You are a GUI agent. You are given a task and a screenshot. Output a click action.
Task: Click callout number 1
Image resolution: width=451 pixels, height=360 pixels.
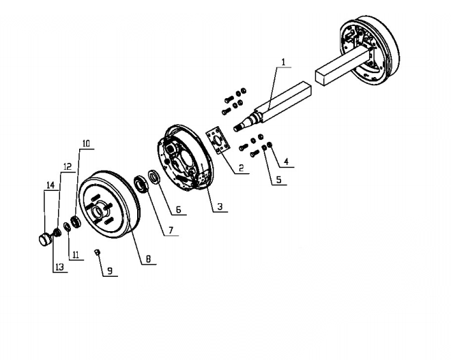pyautogui.click(x=283, y=62)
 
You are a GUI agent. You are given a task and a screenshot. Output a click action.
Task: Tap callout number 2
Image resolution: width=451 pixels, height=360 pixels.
pyautogui.click(x=241, y=168)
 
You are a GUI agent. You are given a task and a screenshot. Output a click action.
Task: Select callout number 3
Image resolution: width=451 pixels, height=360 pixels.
pyautogui.click(x=220, y=207)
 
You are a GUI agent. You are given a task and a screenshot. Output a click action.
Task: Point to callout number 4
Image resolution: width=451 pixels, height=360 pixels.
pyautogui.click(x=286, y=162)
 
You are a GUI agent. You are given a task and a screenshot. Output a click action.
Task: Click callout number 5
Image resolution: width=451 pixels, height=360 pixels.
pyautogui.click(x=278, y=179)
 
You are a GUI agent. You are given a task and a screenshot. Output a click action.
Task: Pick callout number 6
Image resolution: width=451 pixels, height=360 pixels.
pyautogui.click(x=178, y=209)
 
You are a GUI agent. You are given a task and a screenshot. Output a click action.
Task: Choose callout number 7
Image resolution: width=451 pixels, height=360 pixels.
pyautogui.click(x=171, y=230)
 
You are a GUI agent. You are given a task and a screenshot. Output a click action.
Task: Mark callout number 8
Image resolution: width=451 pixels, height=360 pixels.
pyautogui.click(x=148, y=258)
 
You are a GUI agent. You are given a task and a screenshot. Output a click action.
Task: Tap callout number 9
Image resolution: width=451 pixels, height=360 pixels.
pyautogui.click(x=110, y=271)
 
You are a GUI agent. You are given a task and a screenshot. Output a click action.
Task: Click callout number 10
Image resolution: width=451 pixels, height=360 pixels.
pyautogui.click(x=86, y=143)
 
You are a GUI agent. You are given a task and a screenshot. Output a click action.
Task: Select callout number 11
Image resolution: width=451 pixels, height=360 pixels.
pyautogui.click(x=76, y=255)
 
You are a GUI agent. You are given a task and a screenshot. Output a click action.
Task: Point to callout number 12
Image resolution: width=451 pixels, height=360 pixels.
pyautogui.click(x=68, y=166)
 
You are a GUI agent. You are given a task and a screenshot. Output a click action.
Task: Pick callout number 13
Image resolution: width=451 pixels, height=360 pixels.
pyautogui.click(x=59, y=267)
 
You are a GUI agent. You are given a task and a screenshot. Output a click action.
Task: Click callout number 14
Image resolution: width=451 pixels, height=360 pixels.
pyautogui.click(x=50, y=185)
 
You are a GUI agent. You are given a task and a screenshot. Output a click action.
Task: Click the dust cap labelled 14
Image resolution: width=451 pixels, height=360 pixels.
pyautogui.click(x=44, y=239)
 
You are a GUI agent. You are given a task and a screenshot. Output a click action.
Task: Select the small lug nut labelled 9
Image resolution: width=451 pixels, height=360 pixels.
pyautogui.click(x=98, y=252)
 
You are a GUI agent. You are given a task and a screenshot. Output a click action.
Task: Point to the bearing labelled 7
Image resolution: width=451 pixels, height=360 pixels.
pyautogui.click(x=141, y=183)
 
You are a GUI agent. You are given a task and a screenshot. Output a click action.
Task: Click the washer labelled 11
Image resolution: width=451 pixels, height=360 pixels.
pyautogui.click(x=68, y=226)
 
